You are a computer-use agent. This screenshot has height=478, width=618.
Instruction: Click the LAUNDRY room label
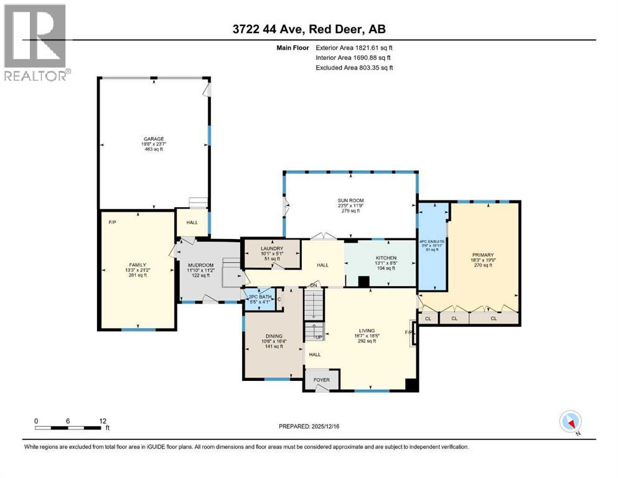tap(271, 248)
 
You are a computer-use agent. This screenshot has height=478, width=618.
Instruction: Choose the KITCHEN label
tap(386, 257)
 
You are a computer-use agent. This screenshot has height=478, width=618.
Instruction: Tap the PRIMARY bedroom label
tap(482, 255)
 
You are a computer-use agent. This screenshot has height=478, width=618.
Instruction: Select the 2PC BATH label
tap(260, 296)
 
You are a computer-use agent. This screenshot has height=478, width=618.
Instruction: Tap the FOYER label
tap(321, 378)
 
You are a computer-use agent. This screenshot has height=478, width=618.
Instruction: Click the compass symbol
tap(570, 421)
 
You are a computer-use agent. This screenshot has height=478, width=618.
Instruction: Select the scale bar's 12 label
tap(103, 420)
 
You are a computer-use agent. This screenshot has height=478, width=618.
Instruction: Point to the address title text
tap(309, 30)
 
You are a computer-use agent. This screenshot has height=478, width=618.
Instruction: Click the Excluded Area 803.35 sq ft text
tap(355, 67)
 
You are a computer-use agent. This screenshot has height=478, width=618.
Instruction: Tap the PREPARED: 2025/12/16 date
tap(309, 426)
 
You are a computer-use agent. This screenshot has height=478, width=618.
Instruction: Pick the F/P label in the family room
tap(113, 222)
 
